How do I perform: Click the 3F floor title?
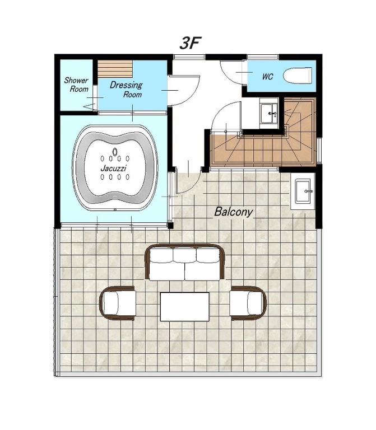click(x=191, y=43)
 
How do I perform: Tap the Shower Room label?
click(x=76, y=85)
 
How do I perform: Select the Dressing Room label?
click(x=126, y=89)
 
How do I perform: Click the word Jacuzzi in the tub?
click(x=113, y=167)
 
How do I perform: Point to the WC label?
click(x=268, y=76)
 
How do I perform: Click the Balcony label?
click(x=233, y=212)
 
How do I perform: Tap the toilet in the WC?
click(x=298, y=76)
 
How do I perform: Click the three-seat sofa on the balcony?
click(x=185, y=263)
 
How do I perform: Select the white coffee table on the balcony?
click(x=185, y=307)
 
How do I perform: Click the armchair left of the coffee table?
click(x=118, y=303)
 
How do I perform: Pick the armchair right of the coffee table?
click(x=248, y=303)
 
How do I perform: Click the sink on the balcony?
click(x=303, y=191)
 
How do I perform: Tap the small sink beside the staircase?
click(x=268, y=113)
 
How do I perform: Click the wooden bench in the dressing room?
click(x=115, y=68)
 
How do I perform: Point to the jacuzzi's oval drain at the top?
click(x=115, y=151)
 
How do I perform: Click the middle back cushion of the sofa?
click(x=185, y=255)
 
